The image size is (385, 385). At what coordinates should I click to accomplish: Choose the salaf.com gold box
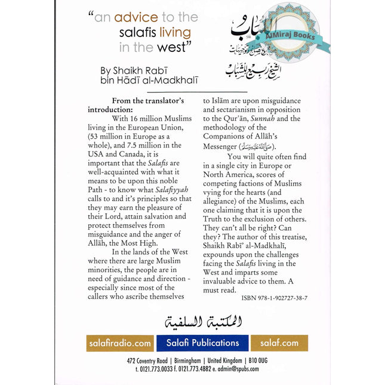[280, 343]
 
